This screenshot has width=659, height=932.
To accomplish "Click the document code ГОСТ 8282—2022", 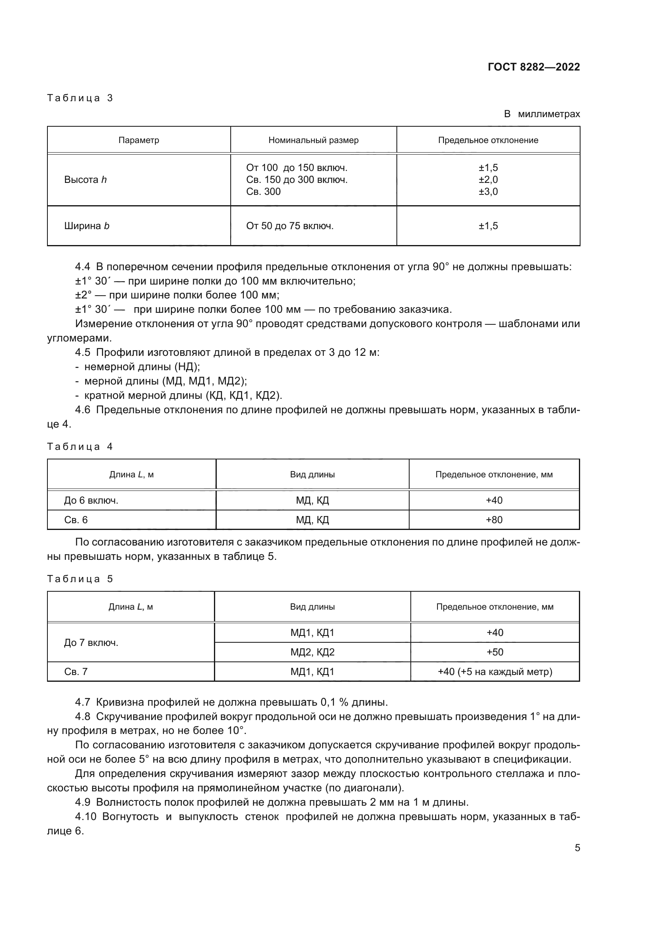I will point(533,67).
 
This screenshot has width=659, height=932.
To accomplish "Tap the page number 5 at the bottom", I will point(577,848).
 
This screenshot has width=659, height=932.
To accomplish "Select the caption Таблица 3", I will point(80,98).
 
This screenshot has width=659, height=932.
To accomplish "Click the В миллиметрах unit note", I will point(542,114).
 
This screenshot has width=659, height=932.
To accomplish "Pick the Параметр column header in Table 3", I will point(139,140).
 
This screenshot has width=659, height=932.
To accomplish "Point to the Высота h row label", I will point(85,179).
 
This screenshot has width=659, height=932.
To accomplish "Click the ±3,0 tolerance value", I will point(488,191).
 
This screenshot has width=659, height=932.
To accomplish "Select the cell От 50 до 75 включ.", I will point(290,226).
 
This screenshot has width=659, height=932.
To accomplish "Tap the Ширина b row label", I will point(87,226).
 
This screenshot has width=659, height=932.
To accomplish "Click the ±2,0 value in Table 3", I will point(488,179).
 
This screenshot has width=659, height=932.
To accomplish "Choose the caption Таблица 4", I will point(80,447).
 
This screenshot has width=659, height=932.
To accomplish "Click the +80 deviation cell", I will point(494,520).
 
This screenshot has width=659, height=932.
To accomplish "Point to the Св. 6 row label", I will point(76,520).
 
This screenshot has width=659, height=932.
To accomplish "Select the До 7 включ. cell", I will point(91,643).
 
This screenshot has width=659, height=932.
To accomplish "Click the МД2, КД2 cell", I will point(312,652).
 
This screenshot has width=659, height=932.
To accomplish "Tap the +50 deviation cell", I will point(495,652).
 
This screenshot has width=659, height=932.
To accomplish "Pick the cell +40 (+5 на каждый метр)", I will point(495,671).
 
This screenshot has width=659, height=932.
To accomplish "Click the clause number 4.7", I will point(82,702).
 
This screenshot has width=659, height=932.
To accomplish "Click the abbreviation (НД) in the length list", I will point(187,367).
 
